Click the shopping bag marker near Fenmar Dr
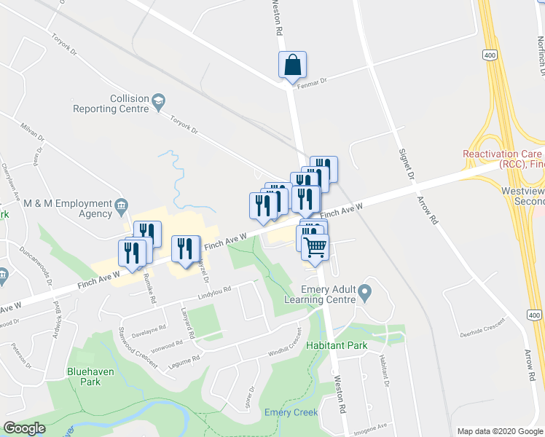click(x=292, y=65)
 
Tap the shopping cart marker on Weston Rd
click(x=315, y=248)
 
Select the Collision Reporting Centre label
click(x=110, y=103)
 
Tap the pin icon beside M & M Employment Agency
click(x=121, y=208)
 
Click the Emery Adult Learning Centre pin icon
click(x=365, y=294)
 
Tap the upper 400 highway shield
click(x=489, y=55)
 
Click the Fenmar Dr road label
click(x=314, y=82)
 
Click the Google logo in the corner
click(x=24, y=428)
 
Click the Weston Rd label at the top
click(x=276, y=18)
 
